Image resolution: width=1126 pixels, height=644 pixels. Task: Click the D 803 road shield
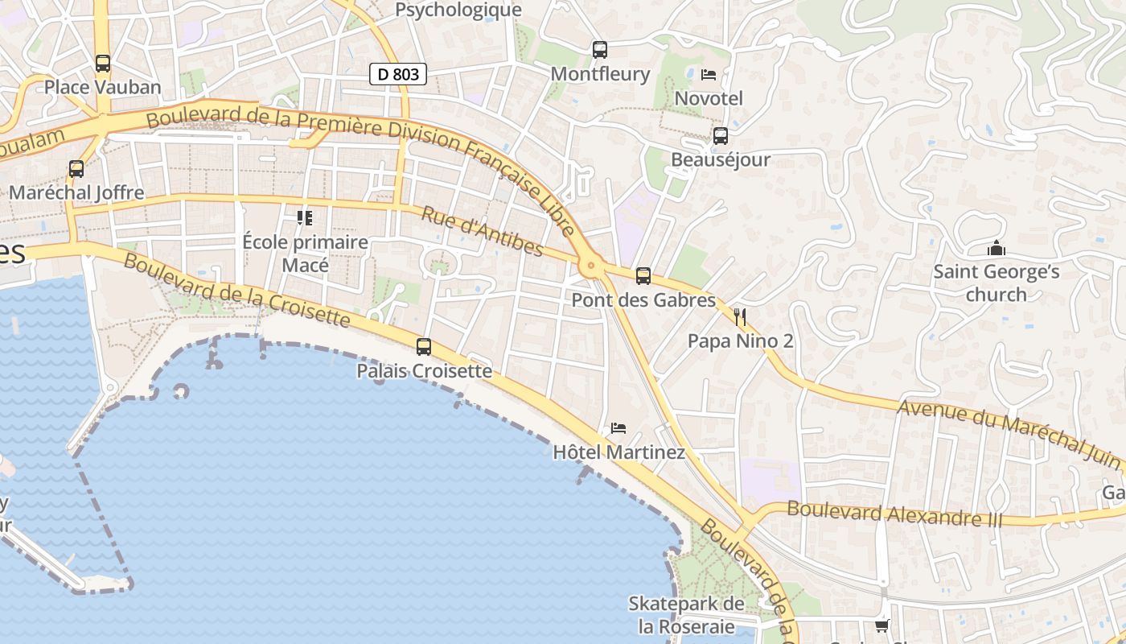click(397, 74)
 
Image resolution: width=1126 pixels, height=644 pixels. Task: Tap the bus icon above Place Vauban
click(102, 63)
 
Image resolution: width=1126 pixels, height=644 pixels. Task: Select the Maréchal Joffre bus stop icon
click(76, 169)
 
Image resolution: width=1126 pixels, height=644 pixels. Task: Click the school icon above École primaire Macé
click(305, 217)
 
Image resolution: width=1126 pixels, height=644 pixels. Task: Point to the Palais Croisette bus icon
click(423, 347)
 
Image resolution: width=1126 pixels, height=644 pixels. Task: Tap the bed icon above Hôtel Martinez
click(618, 427)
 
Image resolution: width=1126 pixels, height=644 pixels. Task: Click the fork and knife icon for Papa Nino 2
click(740, 316)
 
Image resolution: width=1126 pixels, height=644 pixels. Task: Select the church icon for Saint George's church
click(997, 248)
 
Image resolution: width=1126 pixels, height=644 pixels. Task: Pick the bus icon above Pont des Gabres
click(643, 276)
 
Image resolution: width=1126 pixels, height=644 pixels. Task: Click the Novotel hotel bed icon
click(708, 75)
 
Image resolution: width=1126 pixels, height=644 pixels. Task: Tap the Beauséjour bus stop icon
click(720, 135)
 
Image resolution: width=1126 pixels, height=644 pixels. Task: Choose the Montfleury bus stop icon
click(599, 50)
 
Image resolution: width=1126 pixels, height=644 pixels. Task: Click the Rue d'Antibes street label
click(482, 230)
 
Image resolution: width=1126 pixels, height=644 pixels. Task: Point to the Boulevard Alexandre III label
click(894, 514)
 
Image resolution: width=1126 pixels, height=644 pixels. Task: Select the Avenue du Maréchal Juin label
click(1009, 435)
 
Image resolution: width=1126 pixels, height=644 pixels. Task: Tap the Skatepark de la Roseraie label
click(686, 614)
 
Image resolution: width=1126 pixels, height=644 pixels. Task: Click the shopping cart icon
click(882, 625)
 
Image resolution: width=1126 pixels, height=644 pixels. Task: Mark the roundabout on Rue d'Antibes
click(592, 264)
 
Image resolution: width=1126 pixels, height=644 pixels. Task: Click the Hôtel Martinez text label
click(618, 452)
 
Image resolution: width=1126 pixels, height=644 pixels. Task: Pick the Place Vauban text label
click(102, 87)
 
